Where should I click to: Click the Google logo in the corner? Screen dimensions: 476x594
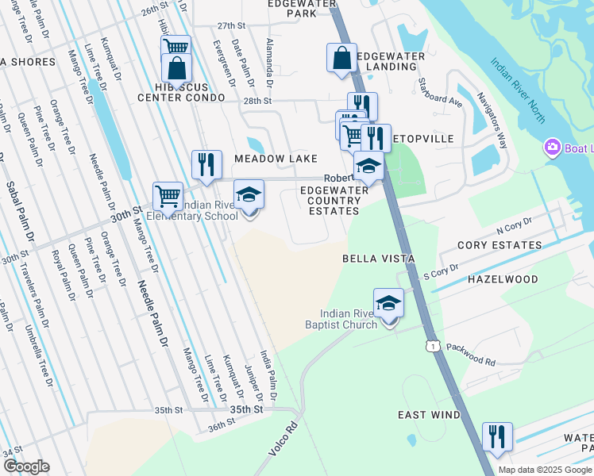(25, 466)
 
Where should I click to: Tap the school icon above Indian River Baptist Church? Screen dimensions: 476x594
(388, 302)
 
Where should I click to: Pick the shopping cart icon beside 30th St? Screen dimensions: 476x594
(168, 194)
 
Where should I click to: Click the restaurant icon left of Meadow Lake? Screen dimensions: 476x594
(206, 164)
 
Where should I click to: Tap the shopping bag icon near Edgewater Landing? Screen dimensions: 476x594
(341, 58)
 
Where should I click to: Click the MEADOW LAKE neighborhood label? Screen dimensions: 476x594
(276, 159)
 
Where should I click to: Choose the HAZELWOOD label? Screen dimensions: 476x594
(502, 279)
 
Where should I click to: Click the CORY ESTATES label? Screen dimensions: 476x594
(503, 245)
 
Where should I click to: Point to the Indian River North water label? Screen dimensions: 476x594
(517, 90)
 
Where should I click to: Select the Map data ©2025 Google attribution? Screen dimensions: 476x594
(544, 470)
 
